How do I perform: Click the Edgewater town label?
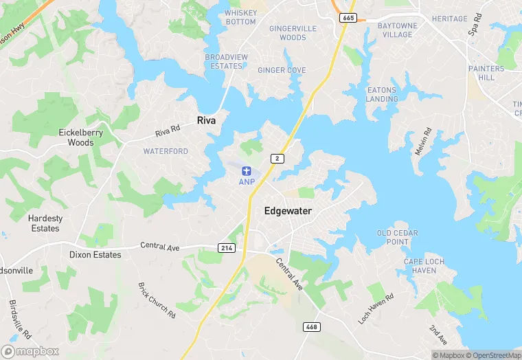click(288, 212)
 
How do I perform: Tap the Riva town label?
click(207, 120)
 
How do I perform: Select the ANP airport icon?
click(247, 170)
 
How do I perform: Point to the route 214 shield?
click(227, 247)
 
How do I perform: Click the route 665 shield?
click(348, 18)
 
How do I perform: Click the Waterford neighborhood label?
click(166, 151)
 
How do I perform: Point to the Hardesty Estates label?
click(45, 223)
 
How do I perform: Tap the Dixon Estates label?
click(95, 255)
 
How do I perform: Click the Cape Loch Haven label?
click(424, 266)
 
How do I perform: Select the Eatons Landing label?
click(382, 95)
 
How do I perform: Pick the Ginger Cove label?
click(282, 70)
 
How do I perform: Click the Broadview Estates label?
click(224, 62)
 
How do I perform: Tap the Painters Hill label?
click(486, 74)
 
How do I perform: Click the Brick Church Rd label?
click(157, 300)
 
